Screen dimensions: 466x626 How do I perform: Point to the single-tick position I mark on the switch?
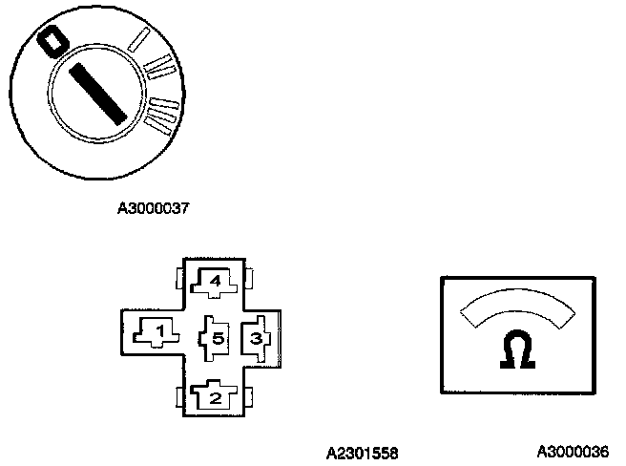click(140, 39)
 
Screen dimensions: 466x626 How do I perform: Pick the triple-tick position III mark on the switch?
click(163, 111)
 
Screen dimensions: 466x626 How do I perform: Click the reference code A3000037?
click(148, 207)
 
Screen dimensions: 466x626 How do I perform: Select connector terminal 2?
click(215, 395)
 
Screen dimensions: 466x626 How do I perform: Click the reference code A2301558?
click(362, 453)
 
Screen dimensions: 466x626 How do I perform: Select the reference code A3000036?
click(572, 451)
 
